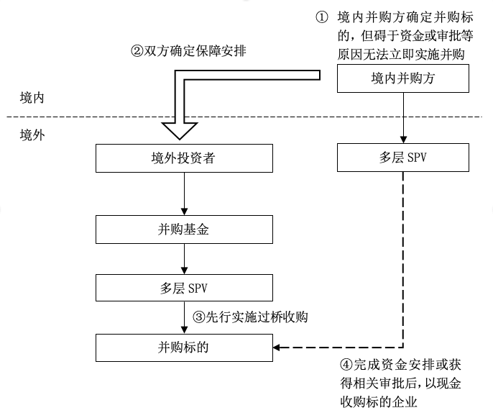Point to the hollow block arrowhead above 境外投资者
coord(180,131)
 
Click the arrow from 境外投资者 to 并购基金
coord(184,194)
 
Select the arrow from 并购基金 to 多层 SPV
coord(184,259)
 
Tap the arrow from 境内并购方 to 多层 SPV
coord(403,118)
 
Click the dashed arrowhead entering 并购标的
coord(277,347)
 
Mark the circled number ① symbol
coord(322,17)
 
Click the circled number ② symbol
coord(137,50)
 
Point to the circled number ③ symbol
coord(198,317)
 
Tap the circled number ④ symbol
coord(346,365)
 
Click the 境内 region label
coord(32,98)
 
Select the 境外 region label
coord(32,135)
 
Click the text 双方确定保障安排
coord(195,50)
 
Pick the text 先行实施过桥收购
coord(257,317)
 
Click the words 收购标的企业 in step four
coord(379,402)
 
